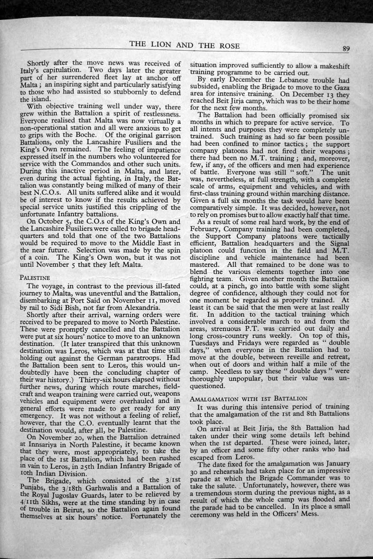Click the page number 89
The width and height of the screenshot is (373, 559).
pyautogui.click(x=346, y=49)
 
